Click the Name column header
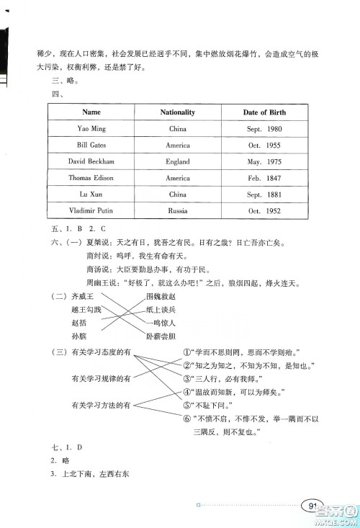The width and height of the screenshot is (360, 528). tap(91, 112)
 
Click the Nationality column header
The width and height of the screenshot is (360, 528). tap(178, 112)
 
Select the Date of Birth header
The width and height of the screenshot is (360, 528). tap(264, 112)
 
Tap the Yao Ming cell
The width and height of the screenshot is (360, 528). tap(91, 129)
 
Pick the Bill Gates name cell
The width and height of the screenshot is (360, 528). tap(91, 145)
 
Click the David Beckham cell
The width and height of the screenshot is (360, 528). tap(91, 161)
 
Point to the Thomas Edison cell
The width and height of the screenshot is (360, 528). tap(91, 178)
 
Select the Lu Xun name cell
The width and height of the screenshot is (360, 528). tap(91, 194)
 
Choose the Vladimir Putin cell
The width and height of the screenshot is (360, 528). tap(91, 211)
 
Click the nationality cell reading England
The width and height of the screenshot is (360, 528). tap(178, 161)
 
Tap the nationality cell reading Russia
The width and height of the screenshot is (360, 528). tap(178, 211)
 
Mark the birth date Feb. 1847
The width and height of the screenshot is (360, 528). tap(264, 178)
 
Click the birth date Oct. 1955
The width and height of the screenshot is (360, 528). tap(264, 145)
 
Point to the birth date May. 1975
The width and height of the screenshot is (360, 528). tap(264, 161)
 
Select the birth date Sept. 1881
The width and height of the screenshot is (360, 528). tap(264, 194)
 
